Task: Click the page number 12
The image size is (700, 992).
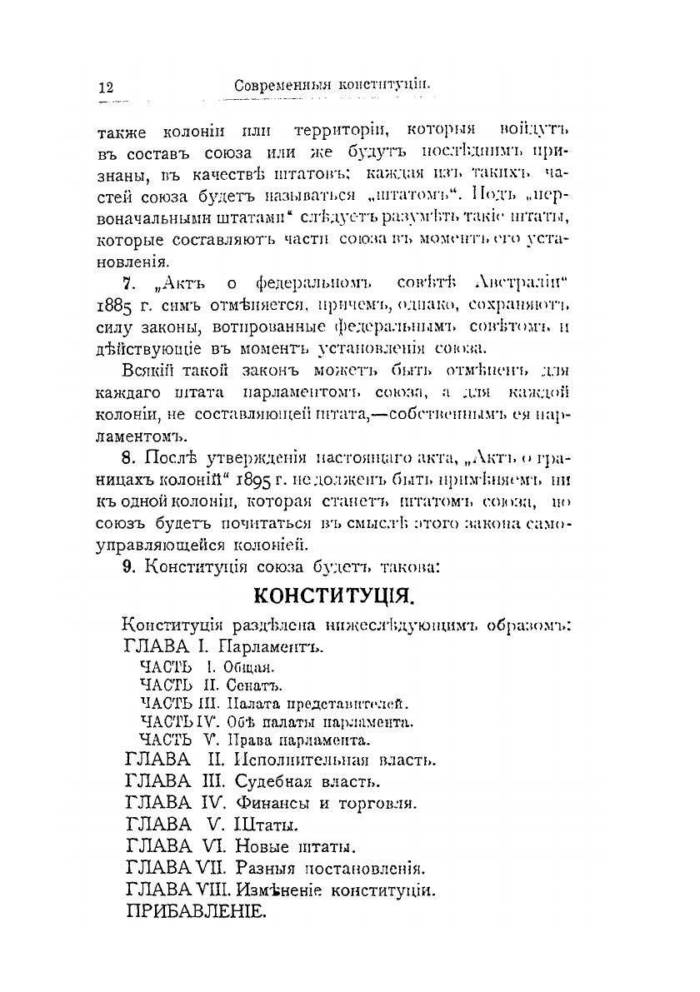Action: coord(106,87)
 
